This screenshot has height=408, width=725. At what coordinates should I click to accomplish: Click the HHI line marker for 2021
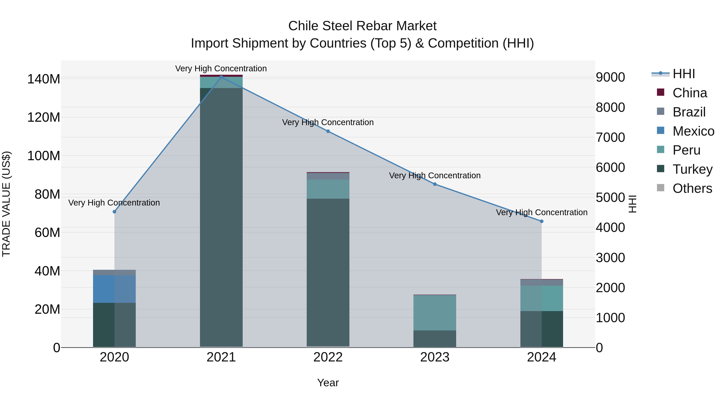221,77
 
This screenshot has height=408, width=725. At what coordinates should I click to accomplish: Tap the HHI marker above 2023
435,184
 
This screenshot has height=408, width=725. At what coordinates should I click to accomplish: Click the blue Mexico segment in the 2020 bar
114,289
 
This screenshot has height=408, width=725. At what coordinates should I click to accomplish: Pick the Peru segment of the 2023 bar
435,312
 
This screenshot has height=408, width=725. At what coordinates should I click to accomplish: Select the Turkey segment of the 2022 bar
328,272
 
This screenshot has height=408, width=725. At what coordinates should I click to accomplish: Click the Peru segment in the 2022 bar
328,189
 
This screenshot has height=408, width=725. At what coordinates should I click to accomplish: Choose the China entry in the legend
690,93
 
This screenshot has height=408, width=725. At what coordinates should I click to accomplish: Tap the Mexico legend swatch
660,131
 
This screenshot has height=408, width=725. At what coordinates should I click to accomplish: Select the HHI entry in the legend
684,74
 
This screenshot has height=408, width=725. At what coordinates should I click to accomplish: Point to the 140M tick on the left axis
44,79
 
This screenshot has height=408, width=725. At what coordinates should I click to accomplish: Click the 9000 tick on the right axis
610,77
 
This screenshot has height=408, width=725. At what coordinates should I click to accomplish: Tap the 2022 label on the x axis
328,357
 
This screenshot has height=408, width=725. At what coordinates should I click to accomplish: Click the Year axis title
328,383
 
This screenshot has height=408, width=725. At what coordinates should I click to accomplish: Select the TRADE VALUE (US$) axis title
6,204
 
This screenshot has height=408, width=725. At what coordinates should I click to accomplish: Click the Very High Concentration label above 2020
114,203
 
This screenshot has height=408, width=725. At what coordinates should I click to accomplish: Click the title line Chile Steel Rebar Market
362,26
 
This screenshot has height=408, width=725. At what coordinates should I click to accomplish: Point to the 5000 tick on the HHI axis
610,197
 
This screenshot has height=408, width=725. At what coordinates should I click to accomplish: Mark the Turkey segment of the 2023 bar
435,339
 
